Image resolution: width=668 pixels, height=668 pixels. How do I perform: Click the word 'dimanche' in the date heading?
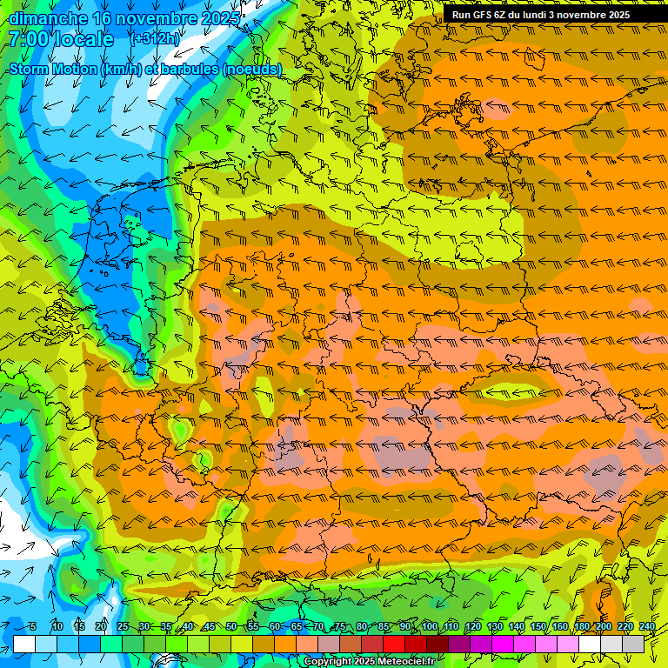(x=48, y=18)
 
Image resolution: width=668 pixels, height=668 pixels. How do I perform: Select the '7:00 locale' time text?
(x=61, y=39)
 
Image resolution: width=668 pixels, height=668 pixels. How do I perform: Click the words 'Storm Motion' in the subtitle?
(x=52, y=69)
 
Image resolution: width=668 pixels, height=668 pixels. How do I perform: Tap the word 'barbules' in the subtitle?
(x=189, y=69)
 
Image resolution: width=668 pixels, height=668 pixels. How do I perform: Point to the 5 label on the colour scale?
(x=32, y=627)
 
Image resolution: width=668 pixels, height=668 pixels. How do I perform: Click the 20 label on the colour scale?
(x=101, y=627)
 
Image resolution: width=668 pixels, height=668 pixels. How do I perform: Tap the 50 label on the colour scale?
(x=231, y=627)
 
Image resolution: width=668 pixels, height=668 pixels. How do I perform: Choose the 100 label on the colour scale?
(x=430, y=627)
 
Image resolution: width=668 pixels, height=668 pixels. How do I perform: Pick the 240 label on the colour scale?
(x=647, y=627)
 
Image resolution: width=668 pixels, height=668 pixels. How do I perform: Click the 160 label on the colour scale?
(x=560, y=627)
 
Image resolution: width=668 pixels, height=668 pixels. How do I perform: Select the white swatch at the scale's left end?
(x=24, y=644)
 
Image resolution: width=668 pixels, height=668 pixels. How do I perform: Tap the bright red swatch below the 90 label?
(x=395, y=644)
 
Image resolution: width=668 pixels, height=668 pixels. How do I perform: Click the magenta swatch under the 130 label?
(x=504, y=644)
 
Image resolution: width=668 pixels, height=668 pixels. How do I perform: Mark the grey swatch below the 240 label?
(x=634, y=644)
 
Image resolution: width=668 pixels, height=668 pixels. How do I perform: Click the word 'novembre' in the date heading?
(x=142, y=18)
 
